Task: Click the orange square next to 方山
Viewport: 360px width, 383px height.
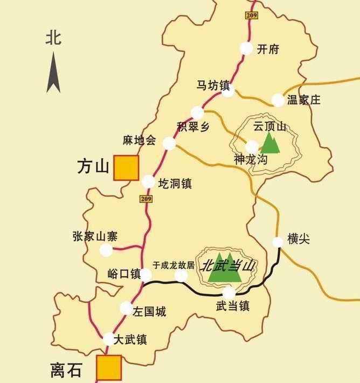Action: [x=126, y=168]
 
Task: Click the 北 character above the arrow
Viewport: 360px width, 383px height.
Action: [x=53, y=38]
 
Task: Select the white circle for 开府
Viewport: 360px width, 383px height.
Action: [x=246, y=48]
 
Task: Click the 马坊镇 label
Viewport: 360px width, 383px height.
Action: [x=213, y=85]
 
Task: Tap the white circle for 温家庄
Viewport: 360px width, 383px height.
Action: [x=278, y=100]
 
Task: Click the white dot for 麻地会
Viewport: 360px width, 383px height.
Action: [x=170, y=143]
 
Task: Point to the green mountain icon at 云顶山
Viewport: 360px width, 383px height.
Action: [x=271, y=143]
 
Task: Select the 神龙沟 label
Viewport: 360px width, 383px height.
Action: [x=251, y=159]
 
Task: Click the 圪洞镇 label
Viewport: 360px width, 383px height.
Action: [x=175, y=183]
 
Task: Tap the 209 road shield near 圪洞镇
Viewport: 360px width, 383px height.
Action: [x=146, y=199]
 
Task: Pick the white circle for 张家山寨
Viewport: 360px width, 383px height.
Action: [x=106, y=250]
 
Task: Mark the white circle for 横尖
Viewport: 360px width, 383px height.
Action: [x=278, y=242]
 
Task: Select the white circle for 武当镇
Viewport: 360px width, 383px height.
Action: [x=229, y=292]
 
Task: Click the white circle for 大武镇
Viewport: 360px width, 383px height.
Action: [x=109, y=339]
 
